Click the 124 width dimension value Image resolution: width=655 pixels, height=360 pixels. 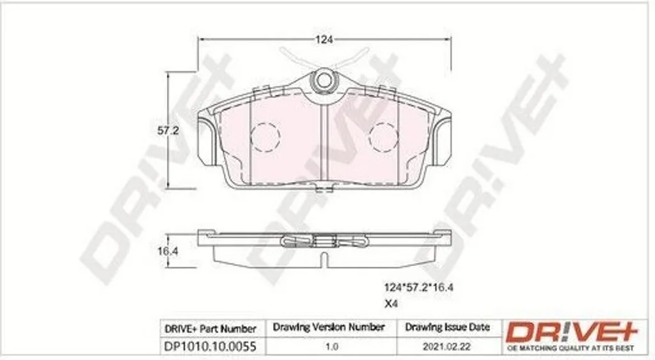tap(324, 40)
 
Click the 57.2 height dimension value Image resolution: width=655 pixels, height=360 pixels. tap(168, 130)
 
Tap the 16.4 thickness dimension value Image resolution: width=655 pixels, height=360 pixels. tap(168, 251)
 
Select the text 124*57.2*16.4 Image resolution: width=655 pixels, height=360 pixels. tap(418, 287)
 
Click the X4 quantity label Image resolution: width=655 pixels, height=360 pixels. tap(391, 304)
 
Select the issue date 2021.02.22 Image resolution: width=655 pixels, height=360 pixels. tap(446, 347)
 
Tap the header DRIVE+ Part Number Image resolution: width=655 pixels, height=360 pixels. tap(210, 329)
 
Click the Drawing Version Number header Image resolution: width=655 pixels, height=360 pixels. tap(328, 327)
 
